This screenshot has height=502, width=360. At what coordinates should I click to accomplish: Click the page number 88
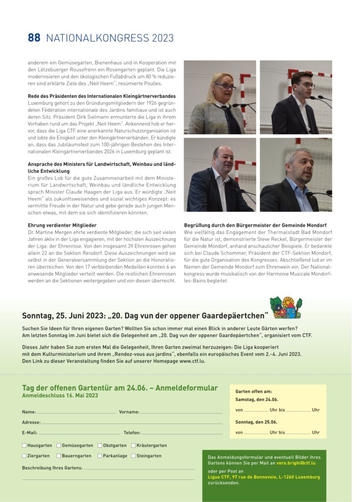(34, 38)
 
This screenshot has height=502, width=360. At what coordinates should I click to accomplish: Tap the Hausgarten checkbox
(25, 446)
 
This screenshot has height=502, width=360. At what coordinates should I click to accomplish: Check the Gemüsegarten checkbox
(59, 446)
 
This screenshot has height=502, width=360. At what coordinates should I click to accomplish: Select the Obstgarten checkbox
(100, 446)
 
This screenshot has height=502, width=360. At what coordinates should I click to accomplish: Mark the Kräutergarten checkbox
(133, 446)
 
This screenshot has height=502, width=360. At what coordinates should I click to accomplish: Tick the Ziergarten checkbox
(25, 456)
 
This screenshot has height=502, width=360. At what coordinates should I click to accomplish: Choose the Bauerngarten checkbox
(59, 456)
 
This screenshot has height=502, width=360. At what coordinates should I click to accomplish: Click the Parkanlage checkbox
(100, 456)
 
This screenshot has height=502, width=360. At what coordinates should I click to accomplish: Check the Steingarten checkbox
(133, 456)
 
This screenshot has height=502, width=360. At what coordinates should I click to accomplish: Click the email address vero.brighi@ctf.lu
(296, 462)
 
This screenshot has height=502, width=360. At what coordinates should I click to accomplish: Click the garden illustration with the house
(285, 308)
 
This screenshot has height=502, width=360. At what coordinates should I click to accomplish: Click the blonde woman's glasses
(225, 86)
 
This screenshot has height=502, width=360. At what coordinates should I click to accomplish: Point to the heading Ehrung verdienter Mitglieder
(62, 225)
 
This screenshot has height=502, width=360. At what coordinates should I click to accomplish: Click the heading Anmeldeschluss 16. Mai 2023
(60, 395)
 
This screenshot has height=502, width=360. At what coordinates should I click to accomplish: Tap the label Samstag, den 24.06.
(257, 400)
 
